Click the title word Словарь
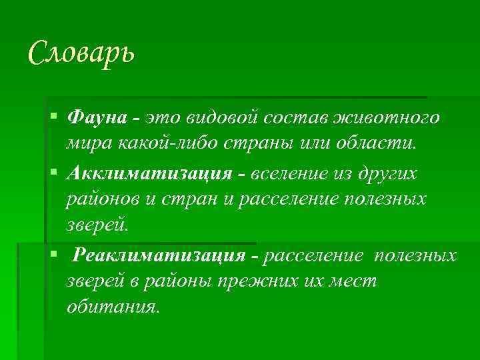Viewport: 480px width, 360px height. point(81,52)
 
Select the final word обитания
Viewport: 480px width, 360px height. point(113,307)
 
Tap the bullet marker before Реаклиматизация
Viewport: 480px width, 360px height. point(54,253)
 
